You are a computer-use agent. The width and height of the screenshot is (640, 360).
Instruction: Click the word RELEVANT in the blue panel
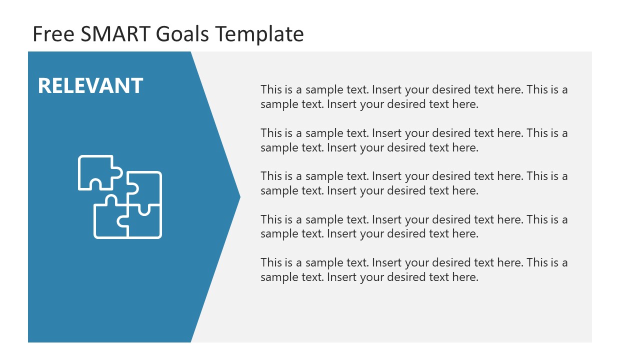(x=90, y=86)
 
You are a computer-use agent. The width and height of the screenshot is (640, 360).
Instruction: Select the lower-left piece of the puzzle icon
(x=107, y=220)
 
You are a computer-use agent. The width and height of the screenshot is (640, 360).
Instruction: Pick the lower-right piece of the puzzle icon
(x=145, y=222)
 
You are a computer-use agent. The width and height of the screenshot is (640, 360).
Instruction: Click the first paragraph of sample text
(x=414, y=97)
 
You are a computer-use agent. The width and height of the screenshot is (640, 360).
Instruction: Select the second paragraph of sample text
(x=414, y=140)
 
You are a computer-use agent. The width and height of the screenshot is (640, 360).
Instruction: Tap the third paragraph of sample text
(x=414, y=183)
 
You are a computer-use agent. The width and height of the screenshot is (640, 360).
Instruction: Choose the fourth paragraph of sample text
(x=414, y=226)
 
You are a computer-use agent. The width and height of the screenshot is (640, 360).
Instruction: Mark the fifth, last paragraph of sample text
(x=414, y=269)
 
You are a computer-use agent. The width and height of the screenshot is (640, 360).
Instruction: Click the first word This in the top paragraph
(x=271, y=90)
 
